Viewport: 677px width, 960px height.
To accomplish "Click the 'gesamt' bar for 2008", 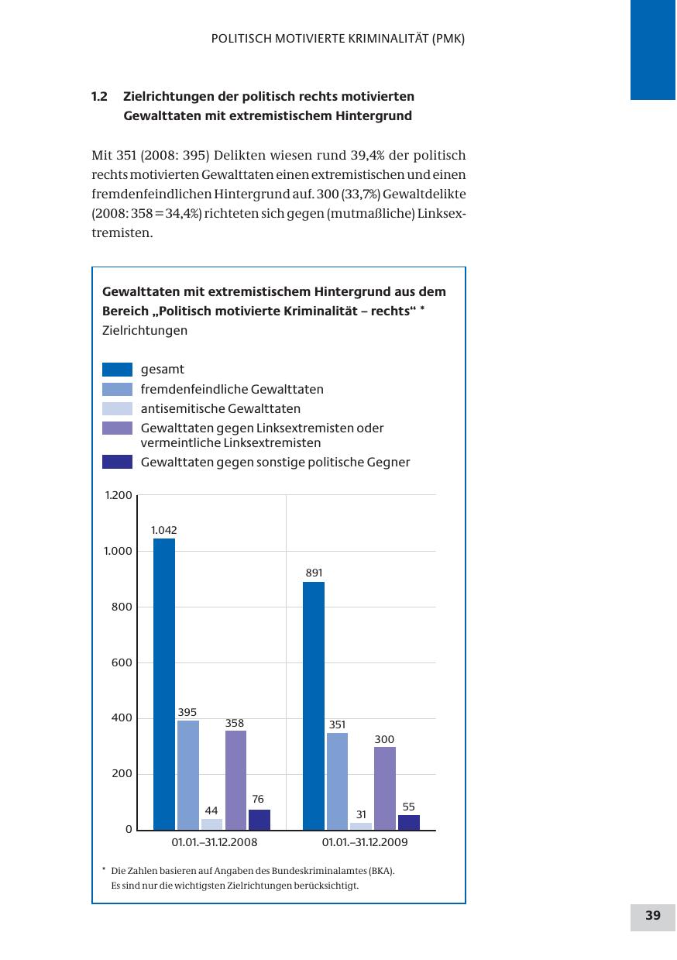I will click(x=164, y=684).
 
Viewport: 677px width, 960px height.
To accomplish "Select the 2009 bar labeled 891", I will click(x=314, y=705).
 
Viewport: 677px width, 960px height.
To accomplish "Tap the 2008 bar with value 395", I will click(x=188, y=775).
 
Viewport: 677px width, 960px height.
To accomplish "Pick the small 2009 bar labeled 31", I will click(x=361, y=826).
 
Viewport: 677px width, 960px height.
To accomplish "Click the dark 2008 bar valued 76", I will click(x=259, y=820).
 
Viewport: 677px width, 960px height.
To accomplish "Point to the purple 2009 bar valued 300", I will click(x=385, y=788).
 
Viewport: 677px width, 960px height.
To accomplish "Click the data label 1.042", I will click(x=164, y=531).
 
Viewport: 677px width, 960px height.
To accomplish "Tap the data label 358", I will click(x=235, y=723).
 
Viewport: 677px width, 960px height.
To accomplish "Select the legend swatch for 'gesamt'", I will click(x=118, y=370).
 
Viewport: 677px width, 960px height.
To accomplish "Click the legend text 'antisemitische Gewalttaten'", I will click(x=221, y=408).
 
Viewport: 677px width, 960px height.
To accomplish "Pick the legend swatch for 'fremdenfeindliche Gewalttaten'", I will click(x=118, y=389).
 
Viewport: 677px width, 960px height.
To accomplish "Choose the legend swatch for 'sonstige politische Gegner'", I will click(x=118, y=463).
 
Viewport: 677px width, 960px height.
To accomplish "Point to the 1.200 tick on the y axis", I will click(x=119, y=494).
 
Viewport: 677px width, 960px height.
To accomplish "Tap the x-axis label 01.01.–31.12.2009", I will click(x=365, y=842).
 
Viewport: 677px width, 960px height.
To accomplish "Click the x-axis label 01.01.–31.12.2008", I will click(x=215, y=842).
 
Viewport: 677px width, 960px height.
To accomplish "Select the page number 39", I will click(x=653, y=916).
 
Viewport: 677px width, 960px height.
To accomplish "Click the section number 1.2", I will click(x=99, y=97).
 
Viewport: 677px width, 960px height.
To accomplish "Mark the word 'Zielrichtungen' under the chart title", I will click(x=145, y=331).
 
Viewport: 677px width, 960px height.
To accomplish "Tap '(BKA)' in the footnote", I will click(x=380, y=871).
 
